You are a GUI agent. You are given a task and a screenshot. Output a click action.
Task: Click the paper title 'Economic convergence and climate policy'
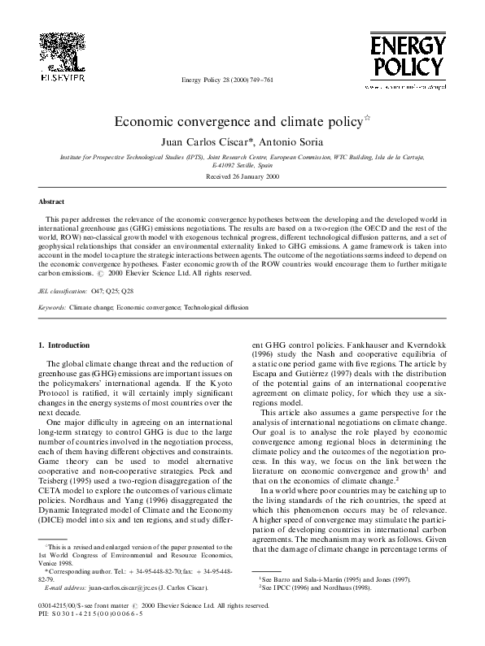tap(237, 122)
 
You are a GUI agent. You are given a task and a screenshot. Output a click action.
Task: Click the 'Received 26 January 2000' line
tap(242, 176)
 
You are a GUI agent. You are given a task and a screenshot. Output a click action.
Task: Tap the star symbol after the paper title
tap(366, 117)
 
